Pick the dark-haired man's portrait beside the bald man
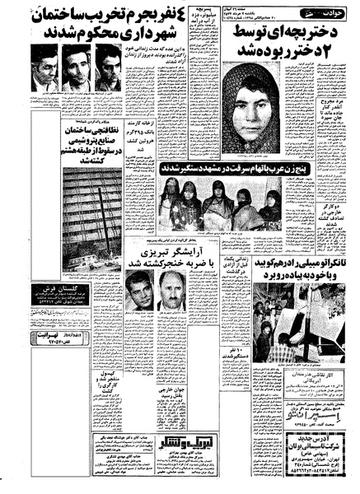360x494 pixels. point(140,292)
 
